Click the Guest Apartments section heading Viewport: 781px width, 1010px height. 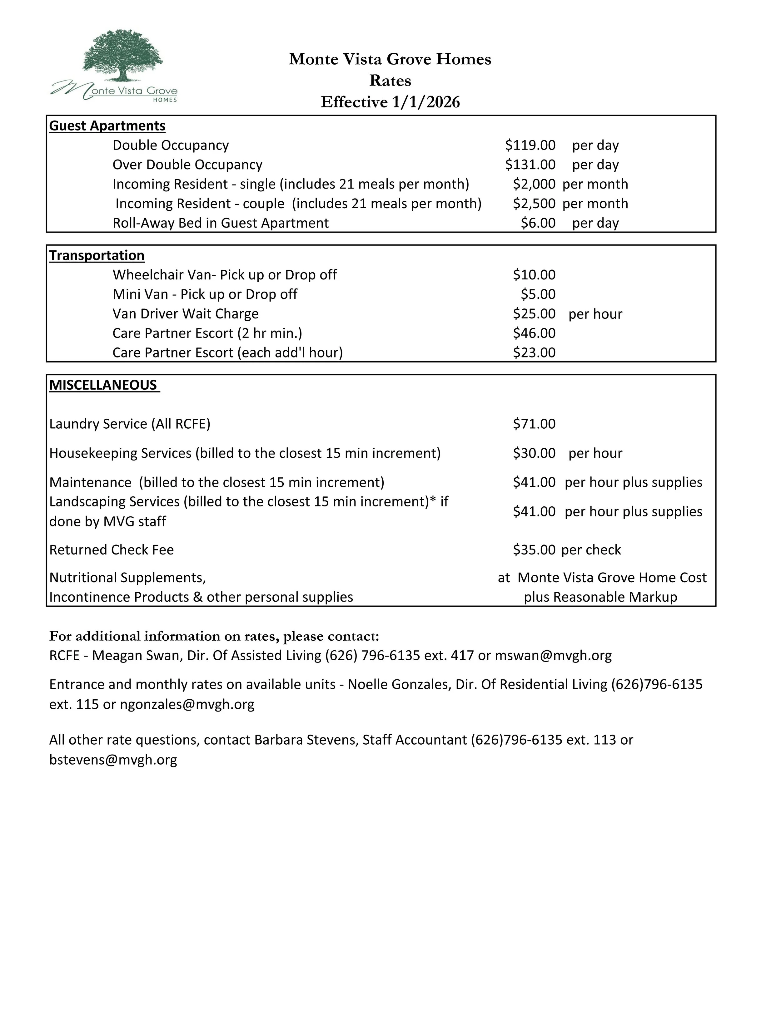tap(107, 126)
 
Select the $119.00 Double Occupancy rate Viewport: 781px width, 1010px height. tap(530, 145)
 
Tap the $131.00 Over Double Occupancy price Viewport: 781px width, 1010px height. tap(530, 165)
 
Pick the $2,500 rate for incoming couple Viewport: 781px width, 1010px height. tap(534, 204)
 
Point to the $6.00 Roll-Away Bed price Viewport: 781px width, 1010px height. tap(538, 223)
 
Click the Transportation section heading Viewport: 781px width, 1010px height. tap(97, 255)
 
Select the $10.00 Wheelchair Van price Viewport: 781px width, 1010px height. tap(534, 275)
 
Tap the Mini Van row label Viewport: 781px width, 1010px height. tap(205, 294)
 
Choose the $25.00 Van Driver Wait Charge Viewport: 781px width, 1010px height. tap(534, 313)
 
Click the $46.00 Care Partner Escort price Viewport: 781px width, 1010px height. tap(534, 333)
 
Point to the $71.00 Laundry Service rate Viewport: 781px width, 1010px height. tap(534, 424)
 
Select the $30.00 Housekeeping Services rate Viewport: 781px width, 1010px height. tap(534, 453)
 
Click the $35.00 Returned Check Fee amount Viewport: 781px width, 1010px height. tap(534, 549)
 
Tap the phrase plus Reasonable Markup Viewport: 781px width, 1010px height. tap(600, 597)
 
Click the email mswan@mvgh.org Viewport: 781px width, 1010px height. tap(553, 655)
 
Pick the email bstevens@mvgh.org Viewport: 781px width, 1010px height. tap(113, 760)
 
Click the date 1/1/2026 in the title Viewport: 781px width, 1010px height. tap(426, 102)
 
